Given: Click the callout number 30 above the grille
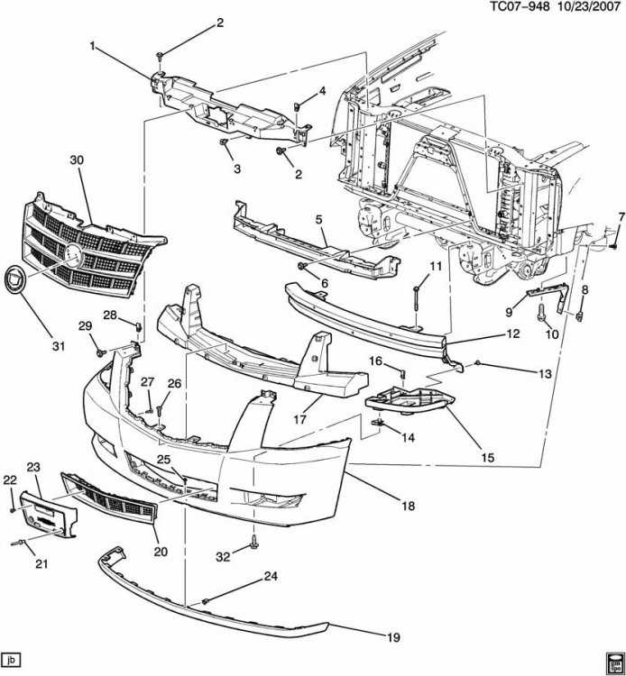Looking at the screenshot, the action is [77, 160].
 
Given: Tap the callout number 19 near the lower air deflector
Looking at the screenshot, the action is [393, 637].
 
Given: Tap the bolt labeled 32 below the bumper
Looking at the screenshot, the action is [253, 542].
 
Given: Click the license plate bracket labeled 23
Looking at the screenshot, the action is [49, 516].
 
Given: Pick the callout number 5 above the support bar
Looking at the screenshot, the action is [318, 220].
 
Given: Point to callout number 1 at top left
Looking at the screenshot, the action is [92, 46].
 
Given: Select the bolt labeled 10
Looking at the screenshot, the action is [541, 313].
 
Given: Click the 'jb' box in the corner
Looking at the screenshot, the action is [11, 660].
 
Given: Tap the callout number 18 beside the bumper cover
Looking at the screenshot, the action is [408, 506].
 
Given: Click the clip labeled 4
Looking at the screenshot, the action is [298, 106].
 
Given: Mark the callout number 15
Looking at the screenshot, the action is [487, 457].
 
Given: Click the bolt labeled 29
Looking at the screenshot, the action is [100, 353].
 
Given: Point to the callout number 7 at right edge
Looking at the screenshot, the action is [621, 217].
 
